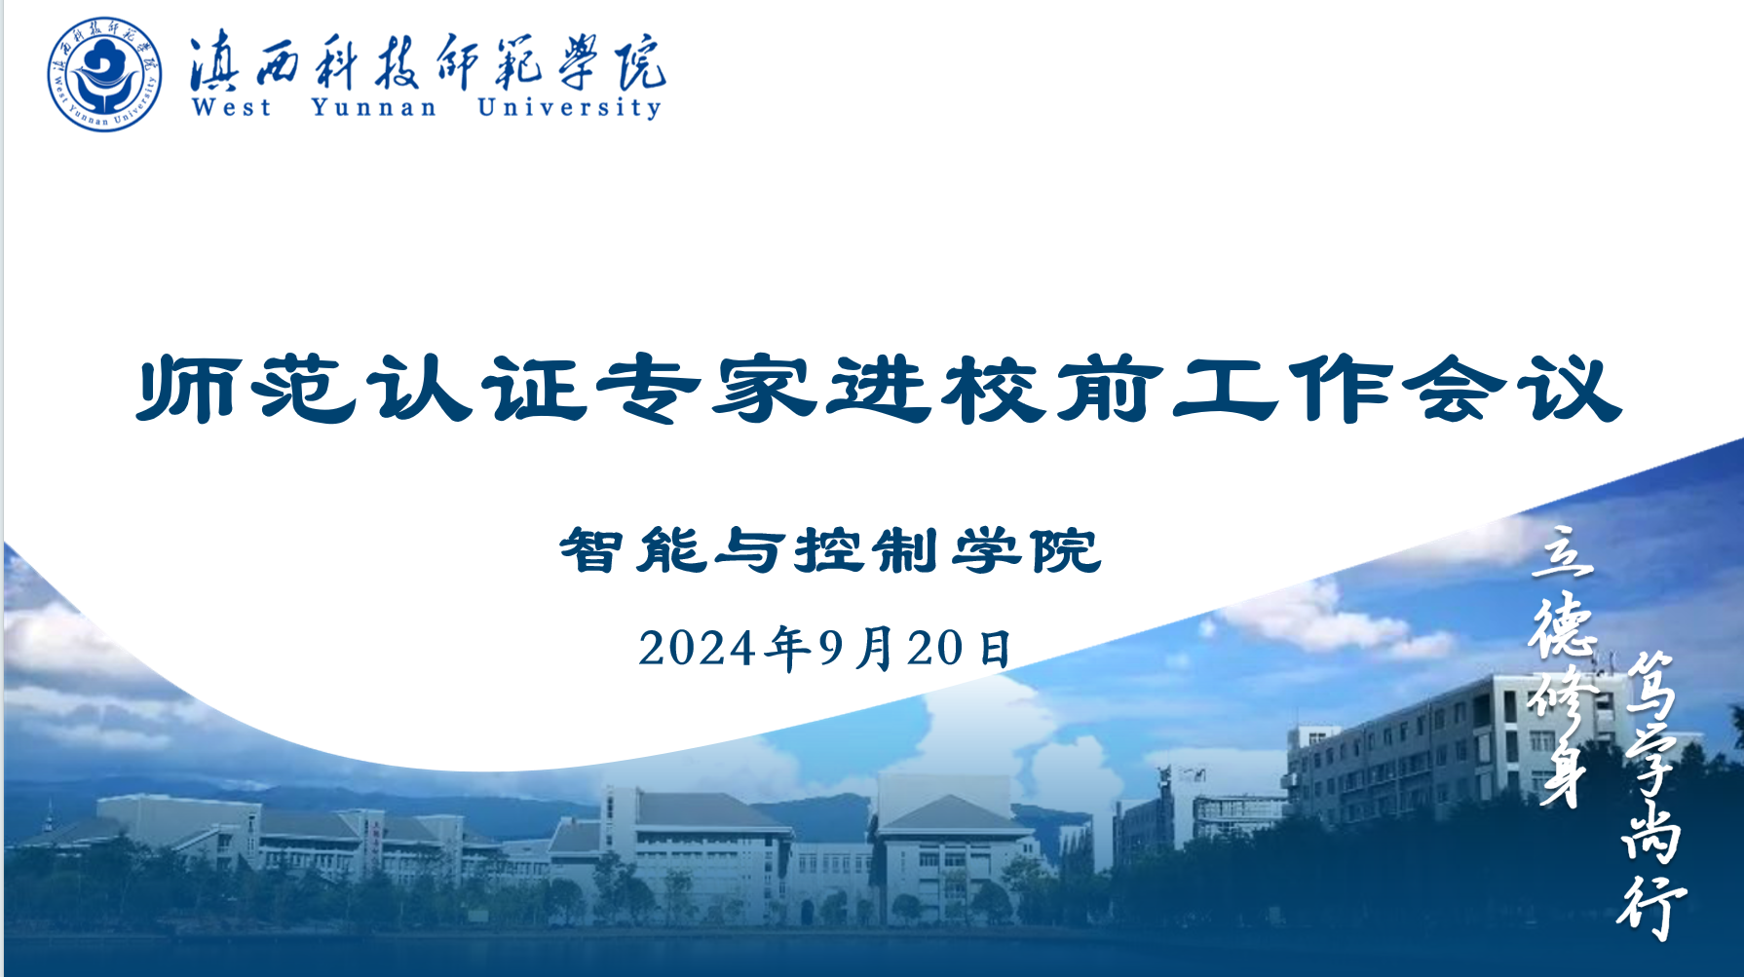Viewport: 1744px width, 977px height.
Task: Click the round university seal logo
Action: (x=104, y=74)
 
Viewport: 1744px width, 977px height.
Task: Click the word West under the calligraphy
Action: (x=231, y=107)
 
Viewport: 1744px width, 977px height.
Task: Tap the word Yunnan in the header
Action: (x=374, y=107)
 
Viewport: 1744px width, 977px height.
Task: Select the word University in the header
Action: (x=570, y=107)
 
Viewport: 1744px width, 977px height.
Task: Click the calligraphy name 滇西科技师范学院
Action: (x=428, y=61)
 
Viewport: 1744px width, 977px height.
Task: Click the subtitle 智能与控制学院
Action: (x=830, y=550)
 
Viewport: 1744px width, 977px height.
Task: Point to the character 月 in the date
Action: (x=875, y=649)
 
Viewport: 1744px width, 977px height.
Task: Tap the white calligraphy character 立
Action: (x=1564, y=553)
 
